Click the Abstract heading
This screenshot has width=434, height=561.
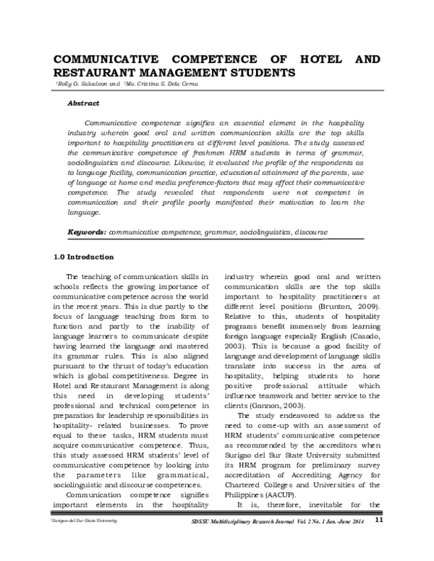[83, 103]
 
